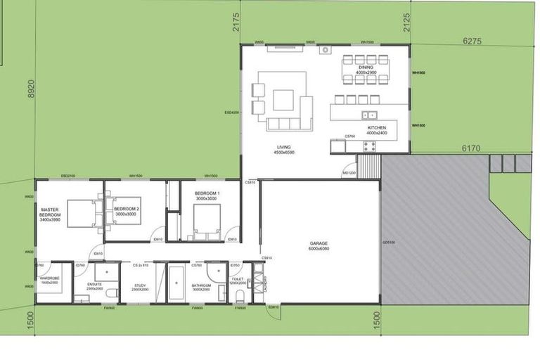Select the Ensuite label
point(94,285)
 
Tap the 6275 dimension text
point(472,41)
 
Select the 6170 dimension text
point(470,148)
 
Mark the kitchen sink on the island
point(370,115)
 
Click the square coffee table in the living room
point(284,100)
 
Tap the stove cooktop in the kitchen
point(368,146)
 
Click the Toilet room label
point(238,281)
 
